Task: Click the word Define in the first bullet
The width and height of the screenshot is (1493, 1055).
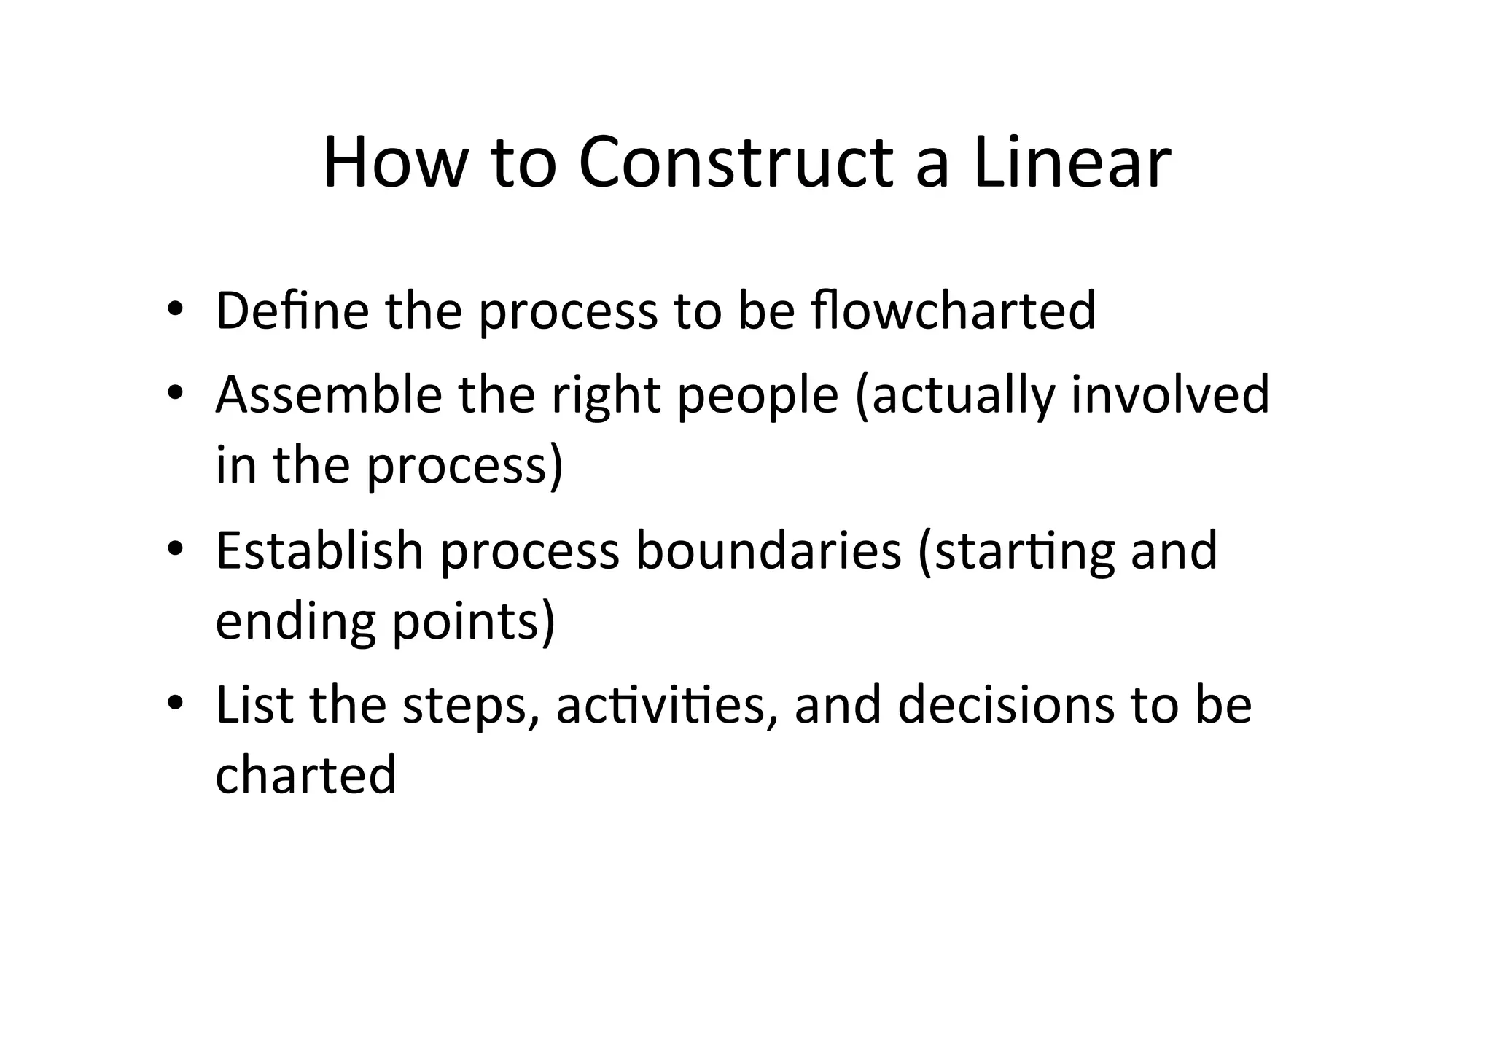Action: click(293, 311)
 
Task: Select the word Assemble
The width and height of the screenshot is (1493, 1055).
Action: click(329, 394)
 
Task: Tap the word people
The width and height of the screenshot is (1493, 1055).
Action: click(758, 394)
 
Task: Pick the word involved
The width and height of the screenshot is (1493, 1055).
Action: click(1170, 394)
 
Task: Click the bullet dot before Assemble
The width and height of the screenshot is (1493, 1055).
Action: click(175, 394)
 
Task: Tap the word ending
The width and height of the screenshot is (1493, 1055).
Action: click(296, 622)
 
